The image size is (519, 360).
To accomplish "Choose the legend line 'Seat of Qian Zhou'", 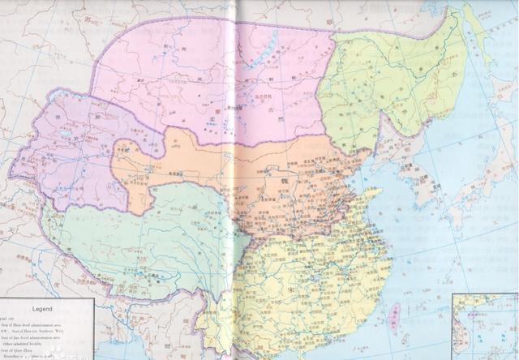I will coord(36,351).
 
